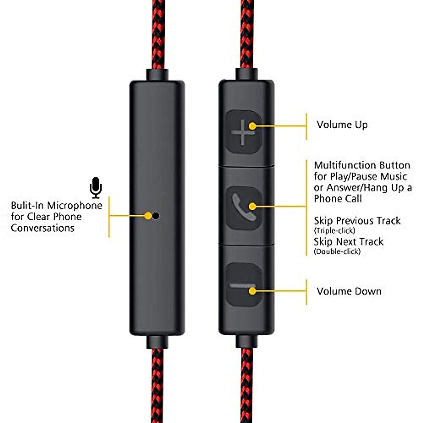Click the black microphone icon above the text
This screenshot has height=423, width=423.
click(x=96, y=187)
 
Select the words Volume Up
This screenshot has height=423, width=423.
click(x=342, y=125)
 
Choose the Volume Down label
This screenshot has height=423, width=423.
click(x=349, y=291)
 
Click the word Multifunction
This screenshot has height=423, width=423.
click(x=340, y=165)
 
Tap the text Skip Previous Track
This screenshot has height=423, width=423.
click(x=357, y=221)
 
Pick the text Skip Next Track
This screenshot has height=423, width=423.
click(x=348, y=242)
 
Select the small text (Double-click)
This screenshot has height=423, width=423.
click(x=337, y=251)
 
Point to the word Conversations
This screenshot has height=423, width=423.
click(x=42, y=228)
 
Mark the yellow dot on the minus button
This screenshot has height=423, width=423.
click(x=252, y=291)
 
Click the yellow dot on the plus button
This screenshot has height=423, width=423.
click(x=252, y=126)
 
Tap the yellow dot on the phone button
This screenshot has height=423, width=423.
click(x=252, y=206)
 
